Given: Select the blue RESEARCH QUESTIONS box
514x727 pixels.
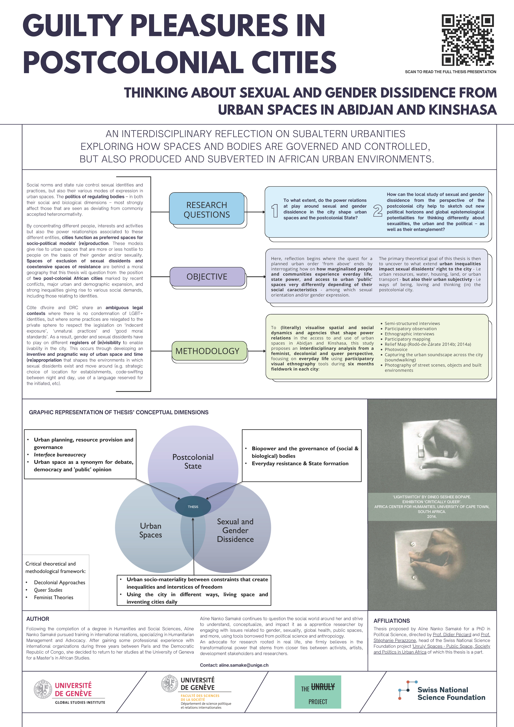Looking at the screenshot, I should point(207,210).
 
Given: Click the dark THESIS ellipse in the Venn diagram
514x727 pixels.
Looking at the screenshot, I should point(193,507).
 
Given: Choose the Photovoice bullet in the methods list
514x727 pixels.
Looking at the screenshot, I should point(396,350).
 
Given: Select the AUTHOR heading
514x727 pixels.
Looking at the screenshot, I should point(38,619).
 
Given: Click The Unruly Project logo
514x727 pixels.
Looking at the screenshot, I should point(318,692).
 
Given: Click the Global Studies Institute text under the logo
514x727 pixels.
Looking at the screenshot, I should point(80,702).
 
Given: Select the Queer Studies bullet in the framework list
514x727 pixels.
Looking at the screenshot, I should point(48,590).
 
